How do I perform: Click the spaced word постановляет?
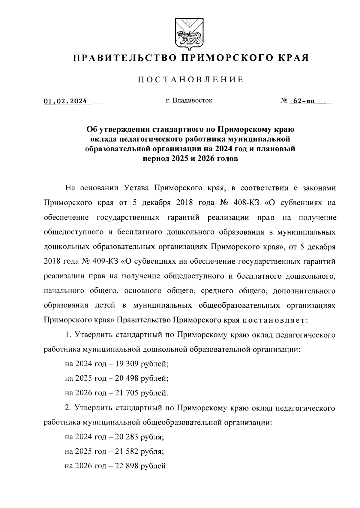click(274, 320)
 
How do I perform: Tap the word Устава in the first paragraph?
click(136, 188)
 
